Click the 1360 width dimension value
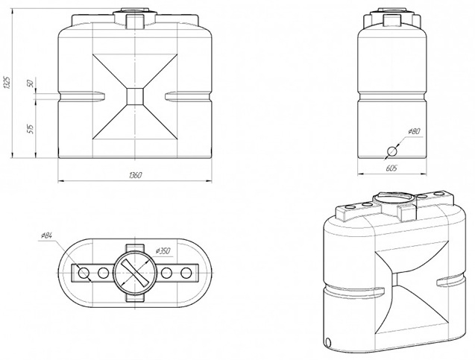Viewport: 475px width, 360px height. coord(135,175)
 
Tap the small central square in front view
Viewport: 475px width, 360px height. coord(135,95)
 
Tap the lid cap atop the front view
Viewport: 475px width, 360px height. coord(135,16)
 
